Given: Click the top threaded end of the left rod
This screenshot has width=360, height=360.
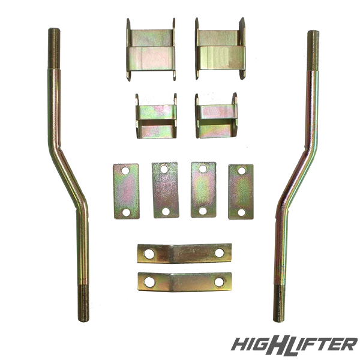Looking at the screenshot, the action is click(x=54, y=48).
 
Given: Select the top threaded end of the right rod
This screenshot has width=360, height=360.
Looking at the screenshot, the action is click(x=313, y=50).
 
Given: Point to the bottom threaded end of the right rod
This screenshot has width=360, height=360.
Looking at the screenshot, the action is click(x=279, y=304).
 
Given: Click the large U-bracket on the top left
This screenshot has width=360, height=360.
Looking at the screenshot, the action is click(x=151, y=49).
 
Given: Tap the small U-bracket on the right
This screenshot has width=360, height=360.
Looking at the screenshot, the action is click(x=216, y=116).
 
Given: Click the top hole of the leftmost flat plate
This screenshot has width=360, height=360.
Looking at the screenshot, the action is click(x=125, y=170).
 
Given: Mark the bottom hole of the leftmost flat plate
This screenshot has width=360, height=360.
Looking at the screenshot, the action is click(x=126, y=212).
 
